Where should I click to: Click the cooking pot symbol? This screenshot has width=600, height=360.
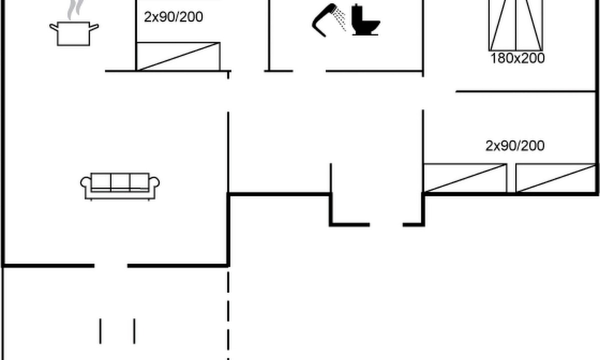pos(73,34)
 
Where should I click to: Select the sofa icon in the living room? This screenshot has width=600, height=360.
pos(120,186)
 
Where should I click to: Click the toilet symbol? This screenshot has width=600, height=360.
pos(365,19)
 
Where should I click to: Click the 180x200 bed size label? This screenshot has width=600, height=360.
pos(517,58)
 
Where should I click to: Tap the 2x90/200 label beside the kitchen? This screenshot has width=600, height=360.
pos(173,17)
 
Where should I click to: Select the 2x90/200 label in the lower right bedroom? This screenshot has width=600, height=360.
pos(515,146)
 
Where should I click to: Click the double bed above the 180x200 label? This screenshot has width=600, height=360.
pos(516,25)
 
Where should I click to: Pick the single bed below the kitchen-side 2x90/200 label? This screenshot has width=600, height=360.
pos(178,56)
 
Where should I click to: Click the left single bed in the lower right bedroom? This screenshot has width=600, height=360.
pos(465,178)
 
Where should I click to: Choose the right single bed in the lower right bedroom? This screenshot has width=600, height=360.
pos(556,178)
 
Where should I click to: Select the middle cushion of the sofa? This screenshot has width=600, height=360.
pos(120,182)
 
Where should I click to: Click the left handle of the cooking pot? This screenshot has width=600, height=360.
pos(53,27)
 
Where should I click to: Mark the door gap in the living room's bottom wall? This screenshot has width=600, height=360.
pos(110,265)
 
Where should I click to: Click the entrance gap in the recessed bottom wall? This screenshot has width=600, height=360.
pos(386,224)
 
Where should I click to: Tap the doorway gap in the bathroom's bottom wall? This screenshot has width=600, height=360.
pos(309,71)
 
